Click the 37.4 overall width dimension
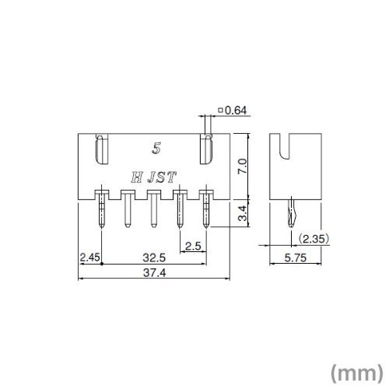point(154,273)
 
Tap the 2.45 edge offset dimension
point(89,258)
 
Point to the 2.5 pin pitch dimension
point(194,246)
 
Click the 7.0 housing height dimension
point(243,166)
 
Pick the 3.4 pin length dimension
point(243,213)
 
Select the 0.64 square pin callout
point(233,110)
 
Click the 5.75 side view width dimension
point(296,258)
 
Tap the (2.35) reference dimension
point(314,239)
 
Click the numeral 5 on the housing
point(156,149)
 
